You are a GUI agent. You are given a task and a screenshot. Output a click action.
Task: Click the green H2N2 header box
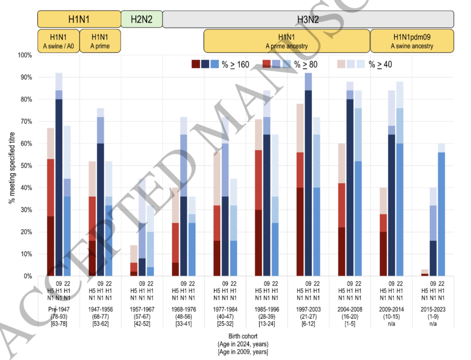(142, 19)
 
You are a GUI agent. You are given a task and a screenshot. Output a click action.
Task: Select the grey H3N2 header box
(308, 19)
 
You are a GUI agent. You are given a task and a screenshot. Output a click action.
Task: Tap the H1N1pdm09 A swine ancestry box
(412, 41)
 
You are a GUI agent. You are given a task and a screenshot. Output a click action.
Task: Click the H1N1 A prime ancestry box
(287, 41)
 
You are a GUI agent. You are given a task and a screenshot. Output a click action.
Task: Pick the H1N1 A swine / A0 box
(58, 41)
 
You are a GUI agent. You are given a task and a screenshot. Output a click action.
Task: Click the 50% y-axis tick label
(25, 166)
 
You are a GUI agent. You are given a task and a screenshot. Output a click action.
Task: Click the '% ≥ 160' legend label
(235, 64)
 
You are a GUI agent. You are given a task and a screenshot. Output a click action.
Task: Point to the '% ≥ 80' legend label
(305, 64)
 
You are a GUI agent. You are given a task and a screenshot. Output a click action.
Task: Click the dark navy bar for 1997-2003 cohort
(308, 184)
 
